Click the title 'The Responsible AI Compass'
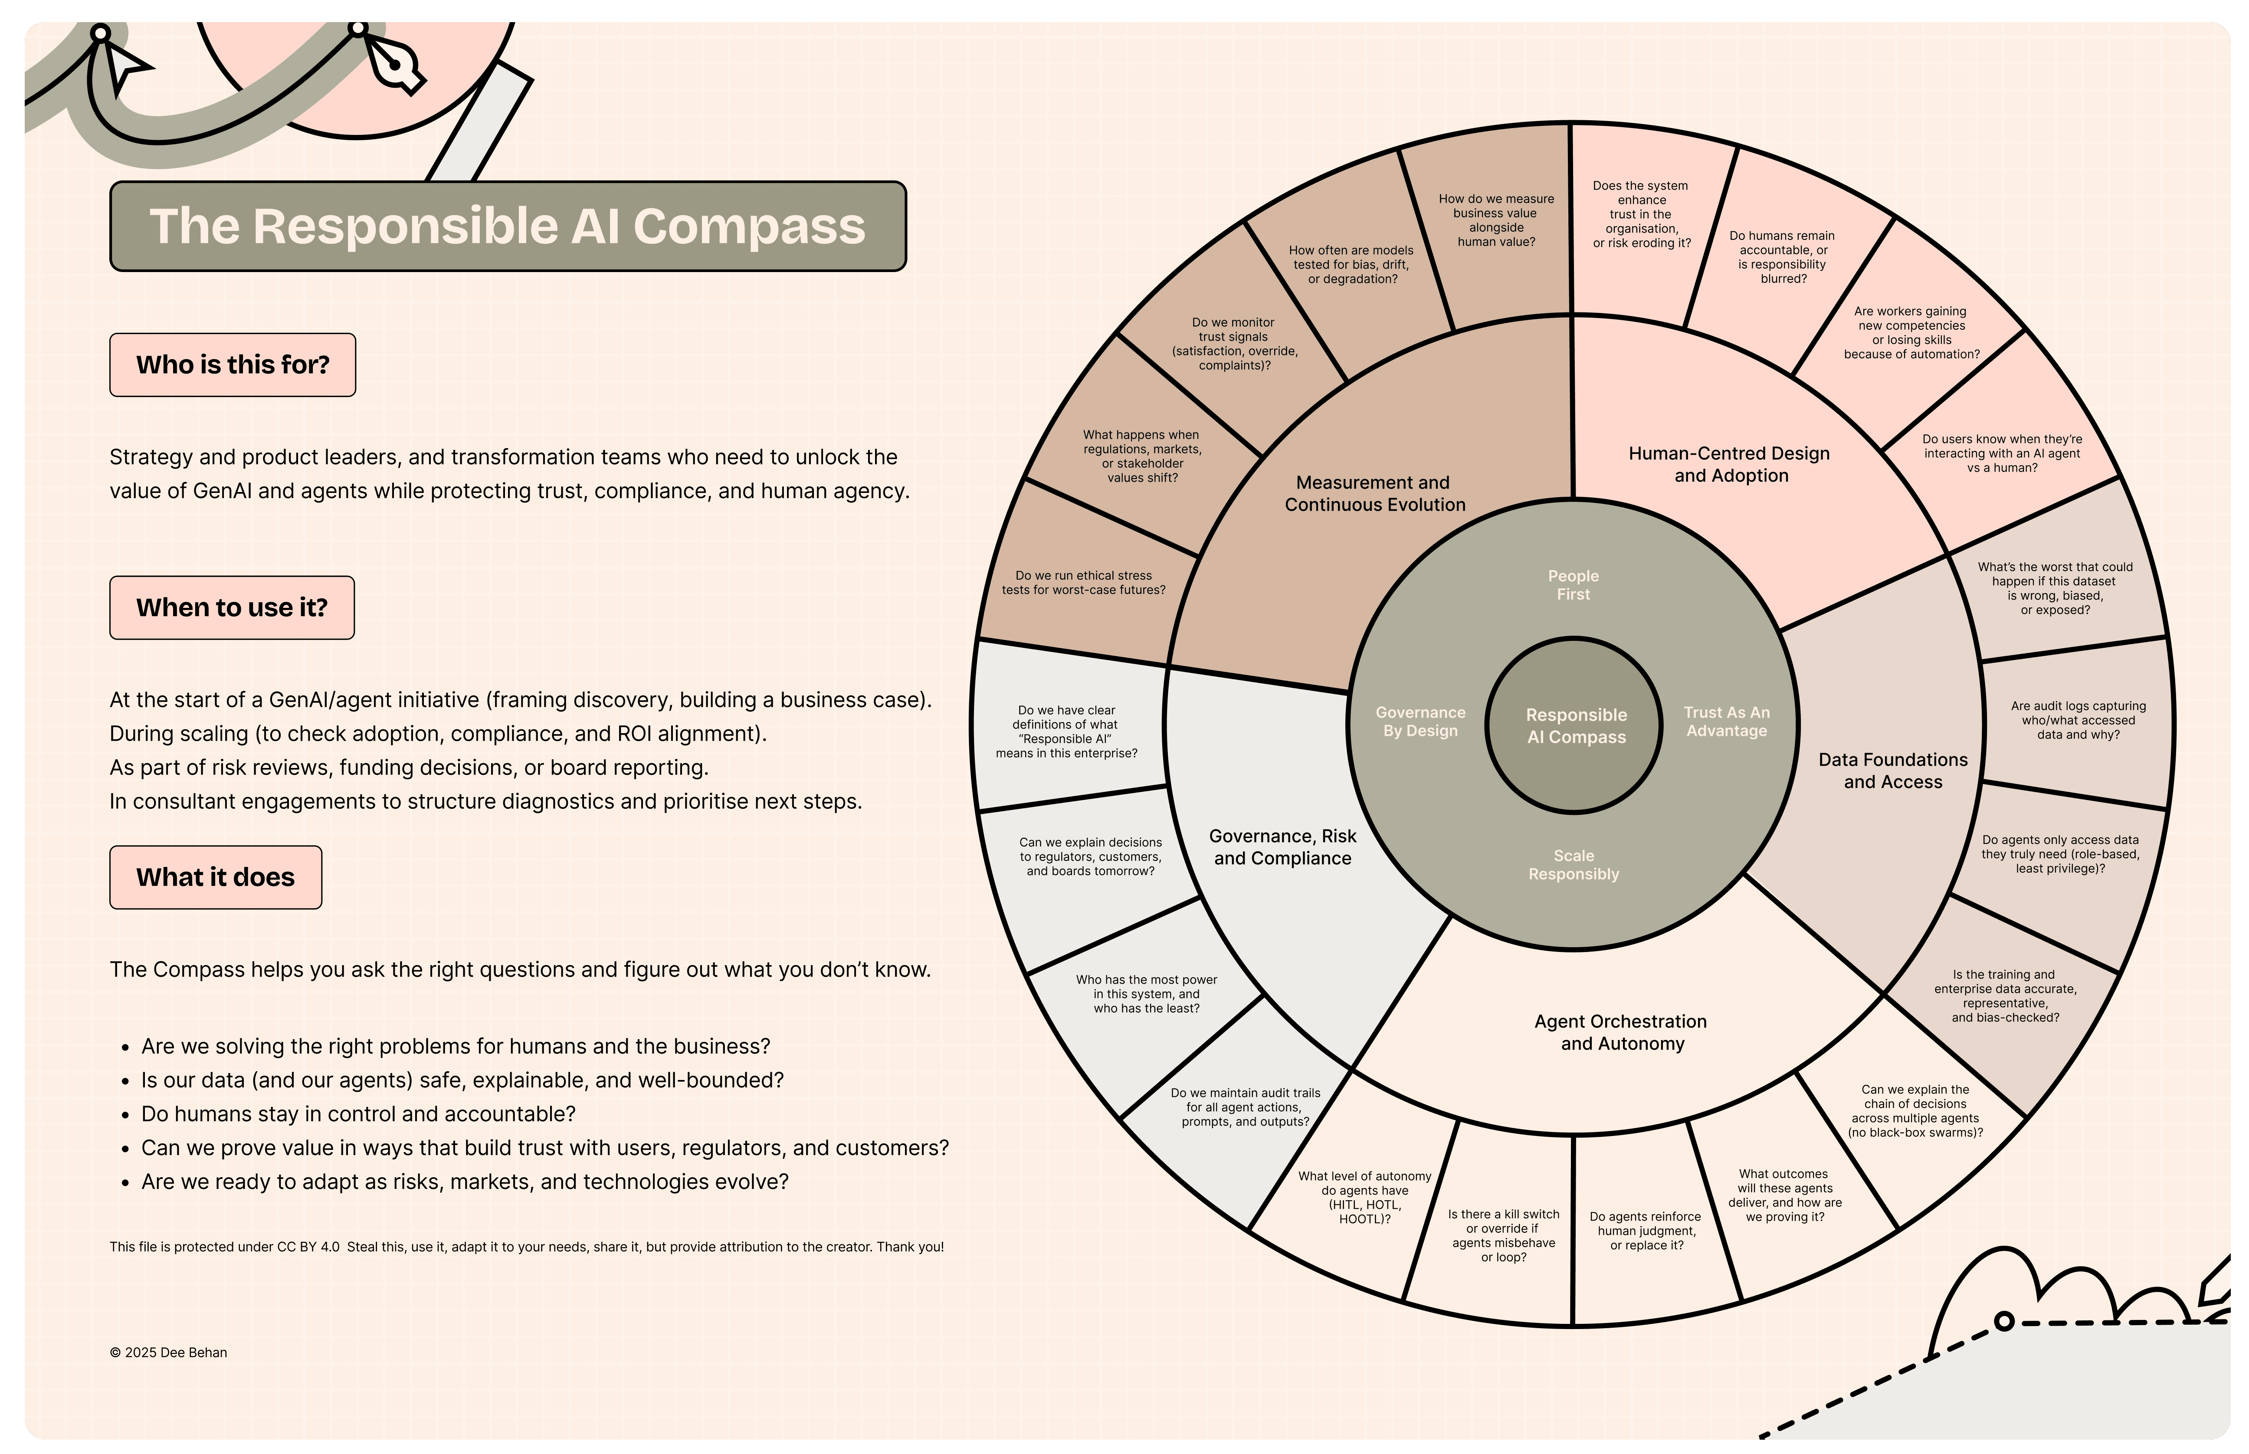click(x=508, y=226)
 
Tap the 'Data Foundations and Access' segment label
click(x=1892, y=771)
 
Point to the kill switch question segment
click(x=1503, y=1235)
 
